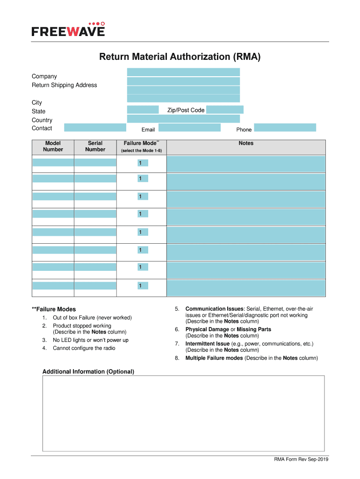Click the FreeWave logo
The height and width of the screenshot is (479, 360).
68,29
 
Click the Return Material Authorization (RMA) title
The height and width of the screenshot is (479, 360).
180,57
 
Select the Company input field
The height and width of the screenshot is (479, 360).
183,72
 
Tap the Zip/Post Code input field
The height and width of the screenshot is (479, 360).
224,110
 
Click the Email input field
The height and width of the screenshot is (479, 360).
189,128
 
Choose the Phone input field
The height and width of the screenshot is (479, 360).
285,128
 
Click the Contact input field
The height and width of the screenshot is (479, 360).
95,128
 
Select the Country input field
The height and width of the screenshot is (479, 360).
183,119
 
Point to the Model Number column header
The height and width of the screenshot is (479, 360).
53,146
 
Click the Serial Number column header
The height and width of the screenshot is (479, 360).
95,146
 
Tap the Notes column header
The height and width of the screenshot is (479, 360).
246,143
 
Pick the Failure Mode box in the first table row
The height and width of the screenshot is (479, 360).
142,163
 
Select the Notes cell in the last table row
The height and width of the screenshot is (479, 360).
246,288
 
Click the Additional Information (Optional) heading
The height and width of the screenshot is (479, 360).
88,372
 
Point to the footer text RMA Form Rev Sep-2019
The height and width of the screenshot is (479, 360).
301,459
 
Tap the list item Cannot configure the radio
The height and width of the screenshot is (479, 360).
84,348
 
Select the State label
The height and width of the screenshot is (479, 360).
39,111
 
